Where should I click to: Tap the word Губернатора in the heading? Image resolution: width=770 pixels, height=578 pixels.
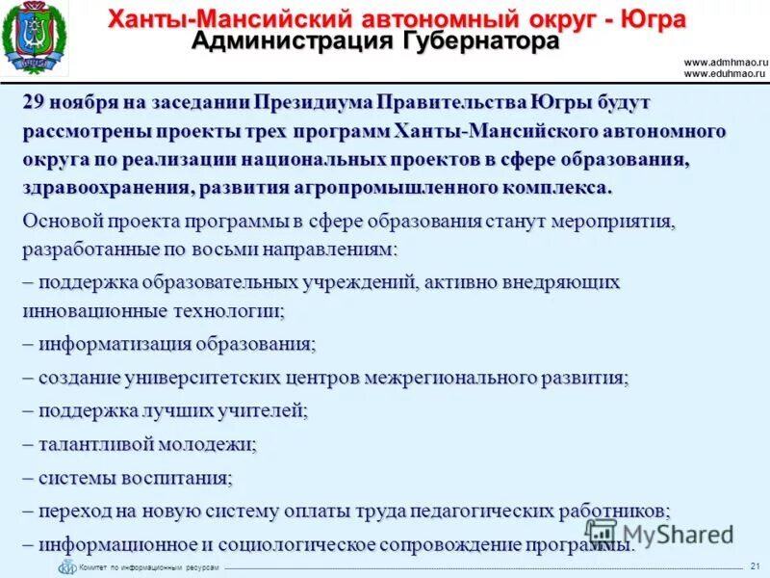(x=481, y=41)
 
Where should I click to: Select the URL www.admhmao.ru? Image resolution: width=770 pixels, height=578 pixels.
(x=725, y=62)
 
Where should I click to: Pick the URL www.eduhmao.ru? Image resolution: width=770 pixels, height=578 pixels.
(x=725, y=72)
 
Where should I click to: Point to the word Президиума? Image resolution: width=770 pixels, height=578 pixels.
(x=314, y=102)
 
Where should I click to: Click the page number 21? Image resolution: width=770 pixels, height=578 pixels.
(x=755, y=565)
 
